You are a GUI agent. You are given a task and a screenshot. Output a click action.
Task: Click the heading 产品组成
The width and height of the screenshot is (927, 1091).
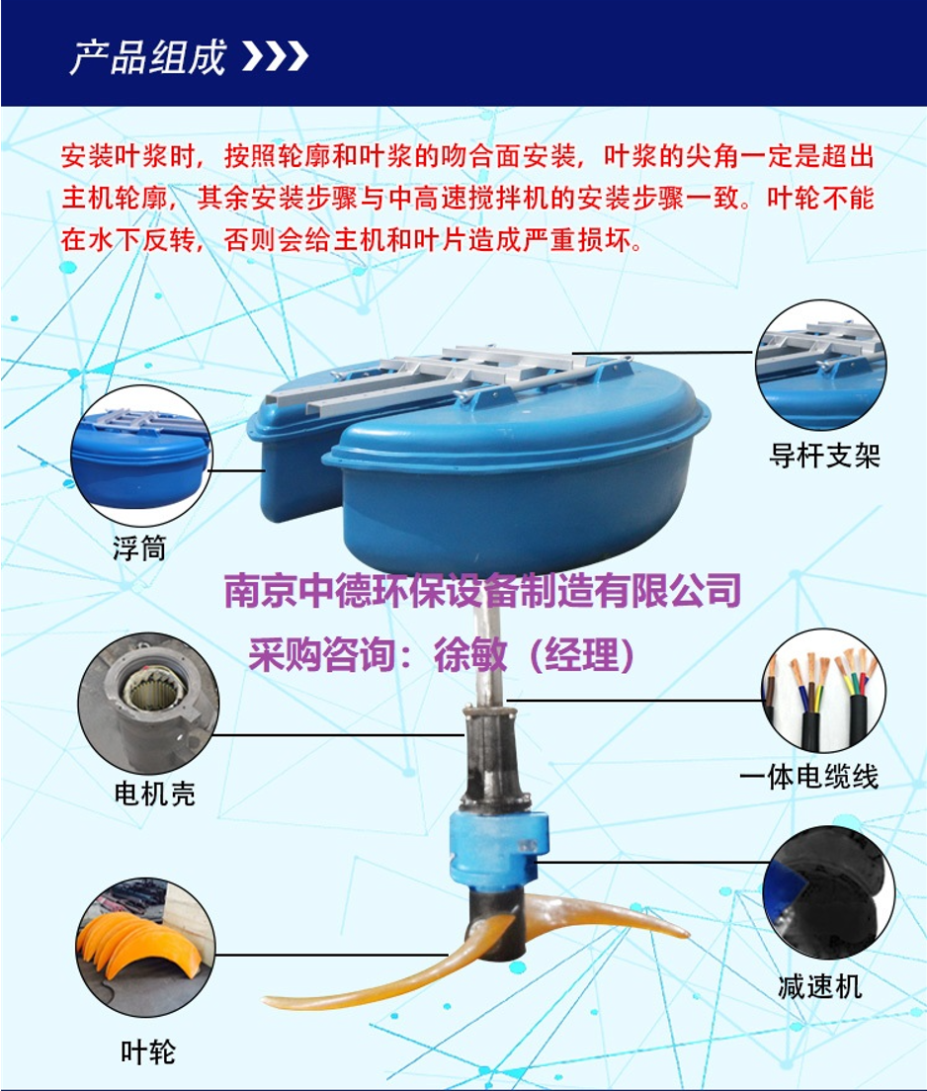148,57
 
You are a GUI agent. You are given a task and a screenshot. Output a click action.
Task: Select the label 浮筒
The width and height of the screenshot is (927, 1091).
140,548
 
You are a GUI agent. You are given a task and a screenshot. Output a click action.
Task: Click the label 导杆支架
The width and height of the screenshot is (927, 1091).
824,456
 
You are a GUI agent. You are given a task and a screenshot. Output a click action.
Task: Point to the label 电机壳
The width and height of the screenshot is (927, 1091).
154,794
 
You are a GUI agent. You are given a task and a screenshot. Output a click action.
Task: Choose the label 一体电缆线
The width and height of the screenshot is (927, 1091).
808,776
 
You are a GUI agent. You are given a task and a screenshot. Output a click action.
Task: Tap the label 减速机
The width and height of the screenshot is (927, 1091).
820,986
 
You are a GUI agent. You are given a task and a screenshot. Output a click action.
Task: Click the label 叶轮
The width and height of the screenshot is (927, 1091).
147,1051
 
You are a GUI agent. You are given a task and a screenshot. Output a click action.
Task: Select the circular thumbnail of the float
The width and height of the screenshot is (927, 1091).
141,456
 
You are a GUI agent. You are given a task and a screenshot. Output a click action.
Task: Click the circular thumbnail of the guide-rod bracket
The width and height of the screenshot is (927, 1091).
821,365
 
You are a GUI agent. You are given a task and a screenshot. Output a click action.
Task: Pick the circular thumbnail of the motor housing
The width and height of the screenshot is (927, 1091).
148,703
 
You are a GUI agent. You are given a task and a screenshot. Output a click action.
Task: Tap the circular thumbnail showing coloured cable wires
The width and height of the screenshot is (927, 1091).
824,690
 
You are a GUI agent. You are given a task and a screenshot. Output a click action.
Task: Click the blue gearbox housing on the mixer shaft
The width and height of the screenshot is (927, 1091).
499,846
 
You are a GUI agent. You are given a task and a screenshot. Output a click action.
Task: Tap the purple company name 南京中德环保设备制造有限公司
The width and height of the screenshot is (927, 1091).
482,591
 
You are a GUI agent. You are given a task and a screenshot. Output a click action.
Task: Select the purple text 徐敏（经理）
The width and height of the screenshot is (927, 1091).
534,654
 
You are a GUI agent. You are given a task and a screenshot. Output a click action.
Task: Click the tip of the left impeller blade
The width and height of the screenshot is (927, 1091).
265,1002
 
